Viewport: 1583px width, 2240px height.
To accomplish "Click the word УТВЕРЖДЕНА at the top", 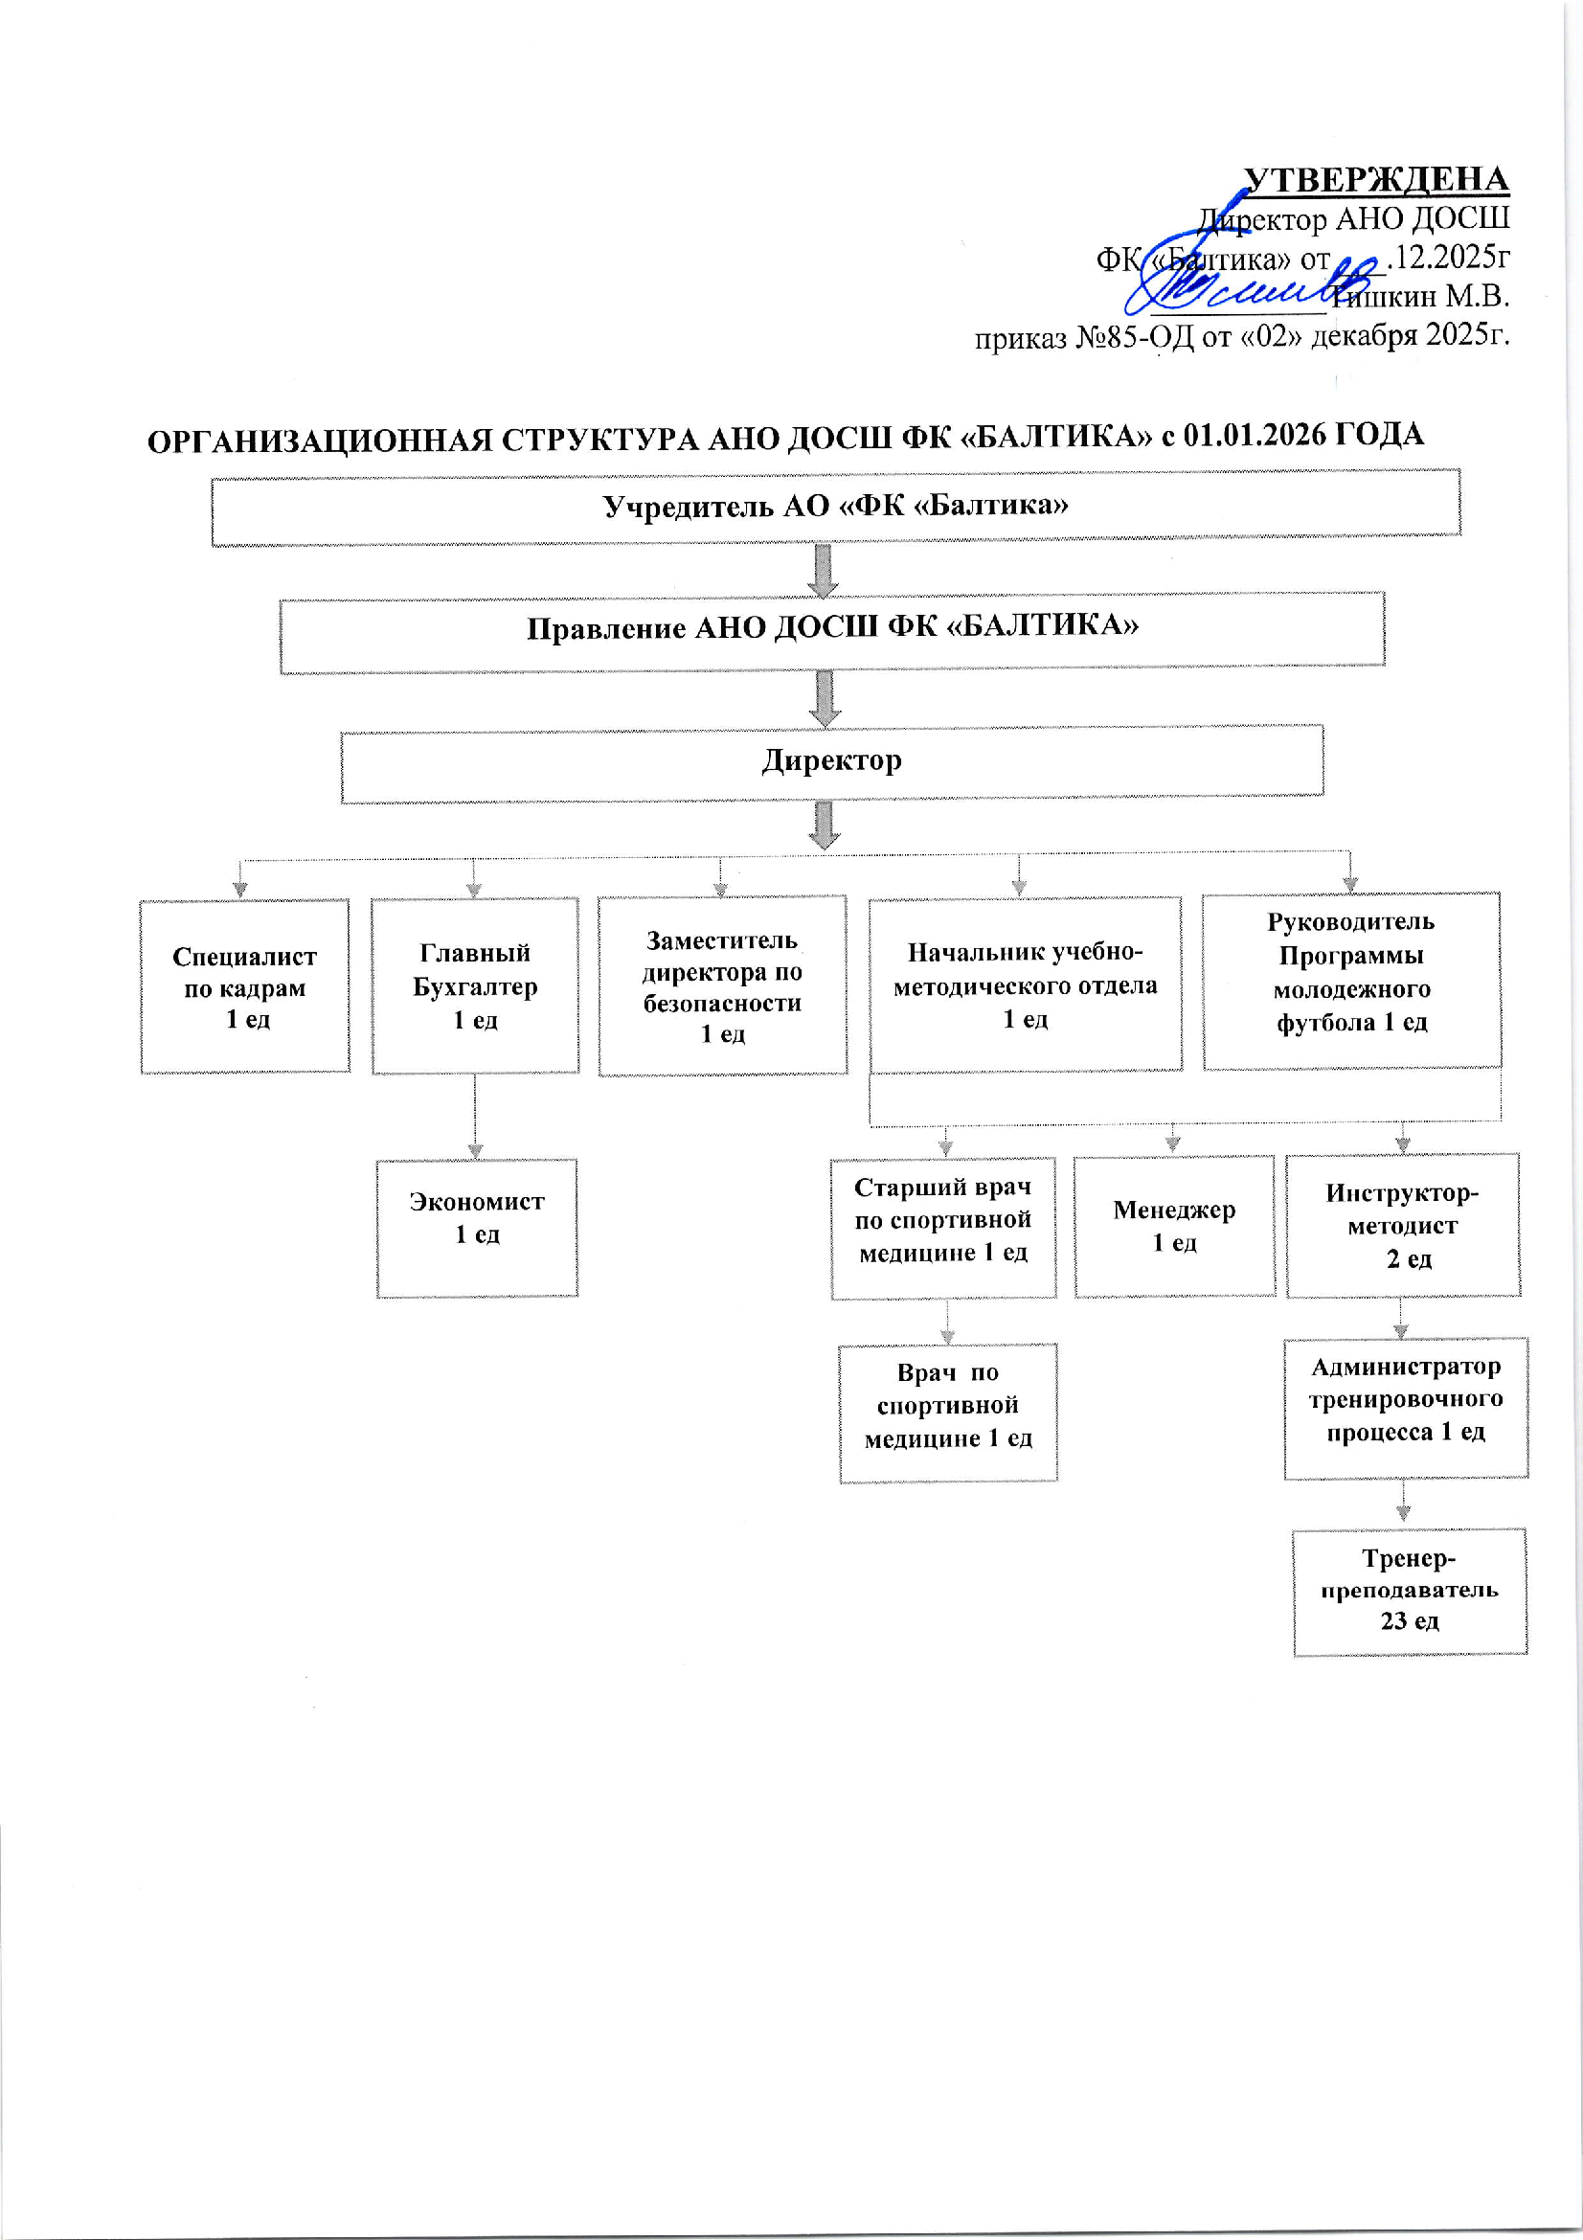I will pos(1375,180).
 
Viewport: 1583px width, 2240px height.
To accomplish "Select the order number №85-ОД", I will pos(1136,337).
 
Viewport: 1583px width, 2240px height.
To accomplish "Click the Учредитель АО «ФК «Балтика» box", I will pos(835,507).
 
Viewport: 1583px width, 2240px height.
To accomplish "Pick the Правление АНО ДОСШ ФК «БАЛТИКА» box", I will pos(832,630).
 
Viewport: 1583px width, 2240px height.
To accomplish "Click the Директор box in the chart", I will pos(832,763).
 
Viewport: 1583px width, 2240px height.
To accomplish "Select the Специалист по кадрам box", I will pos(245,986).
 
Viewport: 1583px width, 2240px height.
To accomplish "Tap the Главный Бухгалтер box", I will pos(475,985).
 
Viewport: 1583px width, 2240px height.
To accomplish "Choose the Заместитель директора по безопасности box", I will pos(722,985).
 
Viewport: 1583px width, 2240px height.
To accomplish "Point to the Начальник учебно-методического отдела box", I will pos(1025,984).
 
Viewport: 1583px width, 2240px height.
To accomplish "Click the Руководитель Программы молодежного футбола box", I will pos(1351,981).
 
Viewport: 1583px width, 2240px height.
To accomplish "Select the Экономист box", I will pos(477,1228).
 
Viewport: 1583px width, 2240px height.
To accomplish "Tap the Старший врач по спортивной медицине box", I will pos(943,1228).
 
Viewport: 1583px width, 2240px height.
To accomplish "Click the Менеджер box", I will pos(1174,1226).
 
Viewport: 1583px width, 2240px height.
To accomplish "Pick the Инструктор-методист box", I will pos(1403,1226).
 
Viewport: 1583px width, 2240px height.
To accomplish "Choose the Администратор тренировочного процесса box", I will pos(1406,1408).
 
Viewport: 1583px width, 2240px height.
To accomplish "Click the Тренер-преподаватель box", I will pos(1410,1592).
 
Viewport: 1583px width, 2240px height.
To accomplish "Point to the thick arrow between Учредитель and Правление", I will pos(824,570).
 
